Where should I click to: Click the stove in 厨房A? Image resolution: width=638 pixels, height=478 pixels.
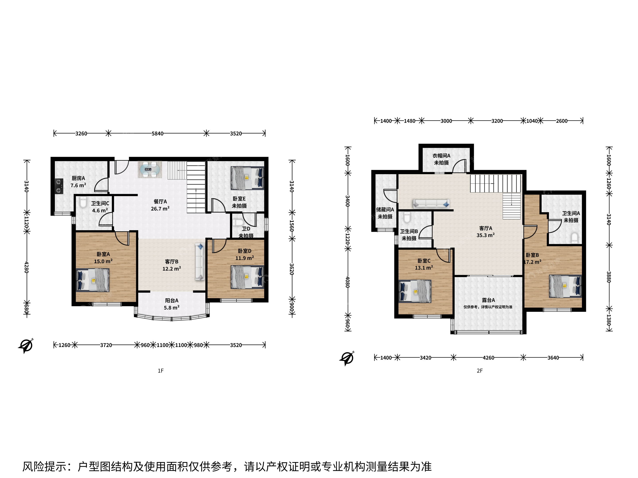59,186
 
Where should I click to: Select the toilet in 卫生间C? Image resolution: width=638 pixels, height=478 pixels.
83,202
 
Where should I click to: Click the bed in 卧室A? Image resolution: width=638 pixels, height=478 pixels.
93,280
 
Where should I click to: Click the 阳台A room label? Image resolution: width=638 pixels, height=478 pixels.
172,301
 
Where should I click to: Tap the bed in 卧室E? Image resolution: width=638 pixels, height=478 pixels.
247,178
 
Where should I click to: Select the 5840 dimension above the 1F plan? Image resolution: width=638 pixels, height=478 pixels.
158,133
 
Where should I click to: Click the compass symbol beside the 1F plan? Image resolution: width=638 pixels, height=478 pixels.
26,345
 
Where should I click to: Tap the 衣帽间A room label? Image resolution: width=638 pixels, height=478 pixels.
441,156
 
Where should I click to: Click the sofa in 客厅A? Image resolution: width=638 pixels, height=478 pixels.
431,204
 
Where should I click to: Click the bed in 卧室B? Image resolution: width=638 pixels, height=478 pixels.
565,286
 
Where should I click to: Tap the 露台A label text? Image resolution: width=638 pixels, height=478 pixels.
488,300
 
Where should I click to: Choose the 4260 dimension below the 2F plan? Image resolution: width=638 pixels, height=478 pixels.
488,358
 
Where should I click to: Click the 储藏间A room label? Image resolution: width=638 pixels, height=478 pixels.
385,210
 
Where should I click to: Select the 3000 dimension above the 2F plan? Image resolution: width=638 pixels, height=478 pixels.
446,121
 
